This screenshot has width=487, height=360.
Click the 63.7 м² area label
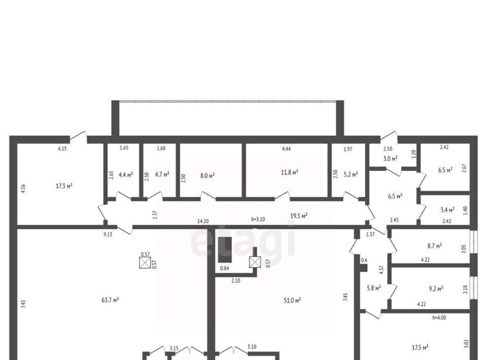[x=110, y=300]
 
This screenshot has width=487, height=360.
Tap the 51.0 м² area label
[x=292, y=300]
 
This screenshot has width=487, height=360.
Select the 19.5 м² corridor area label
[x=299, y=215]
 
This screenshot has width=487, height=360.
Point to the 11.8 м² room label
[x=290, y=172]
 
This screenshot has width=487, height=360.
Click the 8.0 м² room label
[x=207, y=175]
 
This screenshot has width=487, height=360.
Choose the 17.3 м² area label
[x=64, y=186]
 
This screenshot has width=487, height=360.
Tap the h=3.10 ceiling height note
[x=258, y=219]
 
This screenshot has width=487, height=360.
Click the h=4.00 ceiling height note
[x=439, y=318]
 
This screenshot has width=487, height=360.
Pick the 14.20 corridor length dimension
[x=203, y=221]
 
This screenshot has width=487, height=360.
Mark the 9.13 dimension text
[x=108, y=234]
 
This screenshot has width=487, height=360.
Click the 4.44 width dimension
[x=286, y=149]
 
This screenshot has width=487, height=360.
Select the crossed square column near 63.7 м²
[x=145, y=263]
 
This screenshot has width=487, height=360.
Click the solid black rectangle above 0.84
[x=225, y=250]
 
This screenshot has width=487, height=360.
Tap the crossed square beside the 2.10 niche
[x=255, y=262]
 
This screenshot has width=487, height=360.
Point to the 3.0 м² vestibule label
[x=391, y=159]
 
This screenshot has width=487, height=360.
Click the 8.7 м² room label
[x=435, y=246]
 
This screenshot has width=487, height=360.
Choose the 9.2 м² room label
[x=436, y=289]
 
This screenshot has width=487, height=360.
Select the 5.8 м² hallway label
[x=374, y=288]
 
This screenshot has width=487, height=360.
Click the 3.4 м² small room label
[x=447, y=210]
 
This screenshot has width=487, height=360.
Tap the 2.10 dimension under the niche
[x=236, y=280]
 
